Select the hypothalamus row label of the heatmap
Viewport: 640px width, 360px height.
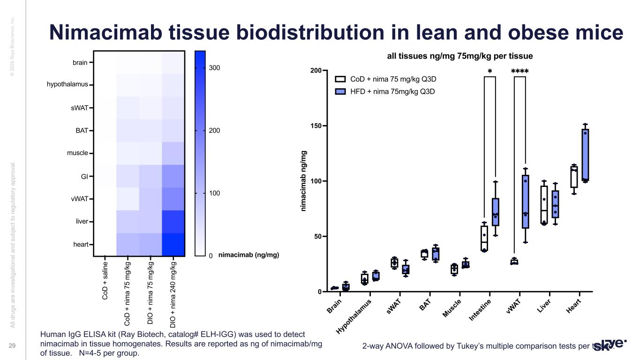[x=67, y=84]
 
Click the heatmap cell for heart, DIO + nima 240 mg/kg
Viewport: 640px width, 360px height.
[x=173, y=244]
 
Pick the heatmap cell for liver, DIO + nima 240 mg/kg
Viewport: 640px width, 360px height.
[x=173, y=221]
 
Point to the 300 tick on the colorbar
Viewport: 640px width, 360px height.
[x=214, y=68]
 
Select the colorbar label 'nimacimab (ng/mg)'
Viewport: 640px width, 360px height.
[x=248, y=255]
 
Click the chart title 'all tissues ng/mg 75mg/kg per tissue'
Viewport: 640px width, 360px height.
[x=459, y=56]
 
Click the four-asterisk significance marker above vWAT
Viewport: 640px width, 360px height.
[x=520, y=72]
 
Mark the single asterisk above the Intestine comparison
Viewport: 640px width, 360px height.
[x=489, y=72]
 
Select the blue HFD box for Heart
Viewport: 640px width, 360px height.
[x=585, y=155]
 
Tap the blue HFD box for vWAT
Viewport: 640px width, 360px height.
[x=525, y=202]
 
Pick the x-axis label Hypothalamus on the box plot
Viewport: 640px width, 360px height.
[x=354, y=316]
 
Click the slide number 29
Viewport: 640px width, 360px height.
[x=13, y=345]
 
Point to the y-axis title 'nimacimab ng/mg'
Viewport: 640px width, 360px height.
[x=303, y=180]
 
